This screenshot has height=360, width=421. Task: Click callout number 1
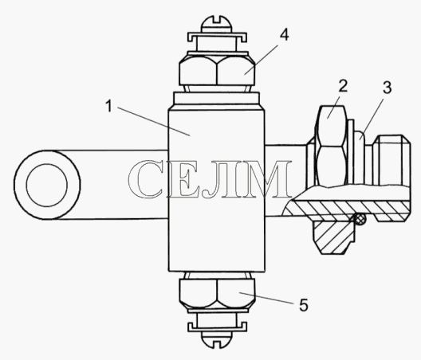coord(108,106)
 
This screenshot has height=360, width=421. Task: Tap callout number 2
coord(343,86)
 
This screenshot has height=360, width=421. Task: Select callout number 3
coord(387,88)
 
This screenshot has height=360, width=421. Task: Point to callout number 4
coord(284,35)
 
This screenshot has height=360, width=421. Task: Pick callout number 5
coord(304,305)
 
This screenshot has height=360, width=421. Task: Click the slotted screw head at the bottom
coord(217,338)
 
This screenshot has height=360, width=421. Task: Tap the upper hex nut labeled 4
coord(217,70)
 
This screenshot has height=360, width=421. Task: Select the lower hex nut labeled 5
coord(217,293)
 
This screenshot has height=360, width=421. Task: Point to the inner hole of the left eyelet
coord(47,185)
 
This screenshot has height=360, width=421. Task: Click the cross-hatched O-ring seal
coord(360,219)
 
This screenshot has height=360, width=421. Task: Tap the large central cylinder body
coord(216,188)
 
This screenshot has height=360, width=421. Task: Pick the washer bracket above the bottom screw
coord(217,327)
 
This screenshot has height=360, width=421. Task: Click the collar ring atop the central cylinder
coord(217,99)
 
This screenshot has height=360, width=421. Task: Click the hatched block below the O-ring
coord(334,236)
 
